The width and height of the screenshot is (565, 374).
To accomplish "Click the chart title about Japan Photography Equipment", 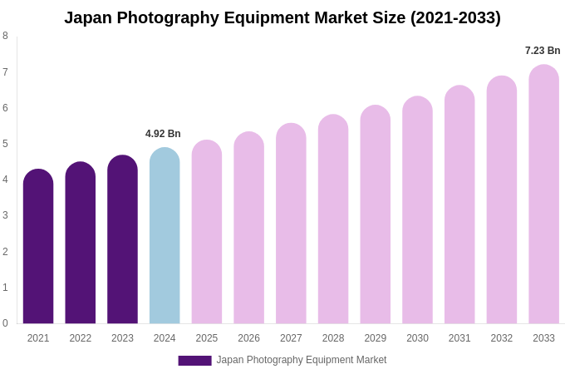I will pos(282,17).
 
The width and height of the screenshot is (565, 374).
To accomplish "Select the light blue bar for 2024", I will pos(165,237).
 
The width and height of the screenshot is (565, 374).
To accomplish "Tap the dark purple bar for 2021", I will pos(38,247).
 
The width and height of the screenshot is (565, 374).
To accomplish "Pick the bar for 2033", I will pos(543,195).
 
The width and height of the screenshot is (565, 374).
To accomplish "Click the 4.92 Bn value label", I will pos(163,134).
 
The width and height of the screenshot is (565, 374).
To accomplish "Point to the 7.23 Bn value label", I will pos(543,51).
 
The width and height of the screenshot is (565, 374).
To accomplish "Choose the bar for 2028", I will pos(333,220).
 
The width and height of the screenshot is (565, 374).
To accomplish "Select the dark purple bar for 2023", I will pos(122,240).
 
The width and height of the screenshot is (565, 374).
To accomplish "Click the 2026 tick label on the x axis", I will pos(248,338).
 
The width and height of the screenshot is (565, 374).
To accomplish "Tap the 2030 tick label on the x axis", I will pos(417,338).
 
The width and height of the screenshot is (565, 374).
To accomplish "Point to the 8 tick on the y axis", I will pos(5,36).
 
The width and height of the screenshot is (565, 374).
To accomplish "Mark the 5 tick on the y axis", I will pos(5,144).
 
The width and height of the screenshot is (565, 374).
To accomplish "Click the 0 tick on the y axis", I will pos(5,323).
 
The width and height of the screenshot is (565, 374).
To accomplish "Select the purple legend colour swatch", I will pos(194,361).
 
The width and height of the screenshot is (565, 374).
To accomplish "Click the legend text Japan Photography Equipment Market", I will pos(302,360).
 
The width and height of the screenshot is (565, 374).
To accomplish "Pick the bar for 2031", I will pos(459,205).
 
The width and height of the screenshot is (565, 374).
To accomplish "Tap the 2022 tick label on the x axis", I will pos(81,338).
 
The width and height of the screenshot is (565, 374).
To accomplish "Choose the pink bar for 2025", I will pos(207,233).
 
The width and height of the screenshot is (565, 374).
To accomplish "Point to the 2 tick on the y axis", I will pos(5,252).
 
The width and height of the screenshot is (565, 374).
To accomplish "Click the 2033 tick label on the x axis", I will pos(543,338).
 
